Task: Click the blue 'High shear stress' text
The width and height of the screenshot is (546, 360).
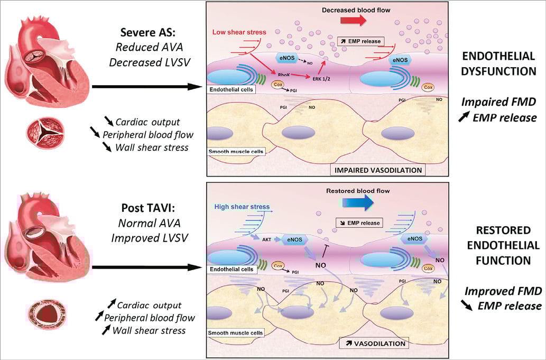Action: coord(242,207)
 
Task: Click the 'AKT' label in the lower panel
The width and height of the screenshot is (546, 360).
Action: coord(267,238)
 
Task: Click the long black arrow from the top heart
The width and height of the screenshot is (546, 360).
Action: coord(148,86)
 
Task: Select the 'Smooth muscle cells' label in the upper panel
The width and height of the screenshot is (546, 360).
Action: coord(235,152)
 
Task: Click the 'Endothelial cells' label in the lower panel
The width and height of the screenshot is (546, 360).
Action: coord(231,269)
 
